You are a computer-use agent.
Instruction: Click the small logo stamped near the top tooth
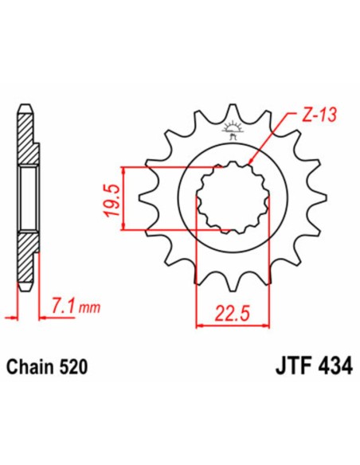pyautogui.click(x=233, y=128)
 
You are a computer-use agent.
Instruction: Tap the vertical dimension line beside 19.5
pyautogui.click(x=123, y=198)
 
